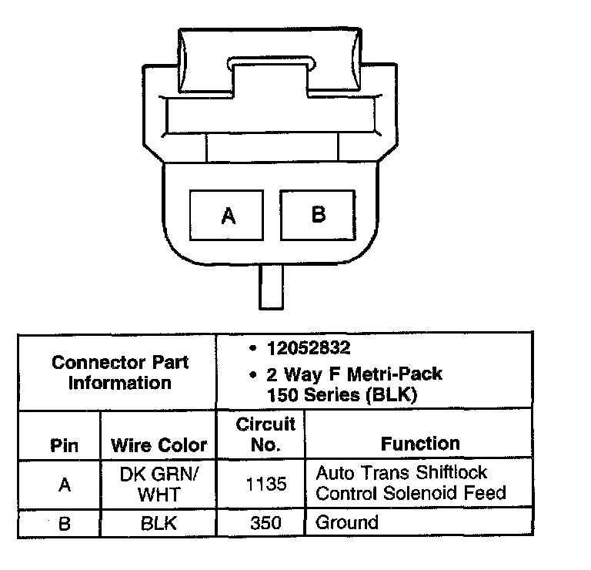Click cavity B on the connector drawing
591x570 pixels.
(x=319, y=213)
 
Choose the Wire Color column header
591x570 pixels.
(x=159, y=445)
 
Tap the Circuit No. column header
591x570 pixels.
(x=265, y=434)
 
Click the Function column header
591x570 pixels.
(x=420, y=443)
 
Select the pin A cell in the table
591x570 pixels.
(x=64, y=484)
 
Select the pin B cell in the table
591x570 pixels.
(x=64, y=524)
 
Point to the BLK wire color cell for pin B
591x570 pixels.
(x=159, y=524)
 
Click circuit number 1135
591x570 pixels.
(x=265, y=484)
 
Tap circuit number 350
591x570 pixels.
(x=265, y=524)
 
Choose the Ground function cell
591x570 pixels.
(x=348, y=523)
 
